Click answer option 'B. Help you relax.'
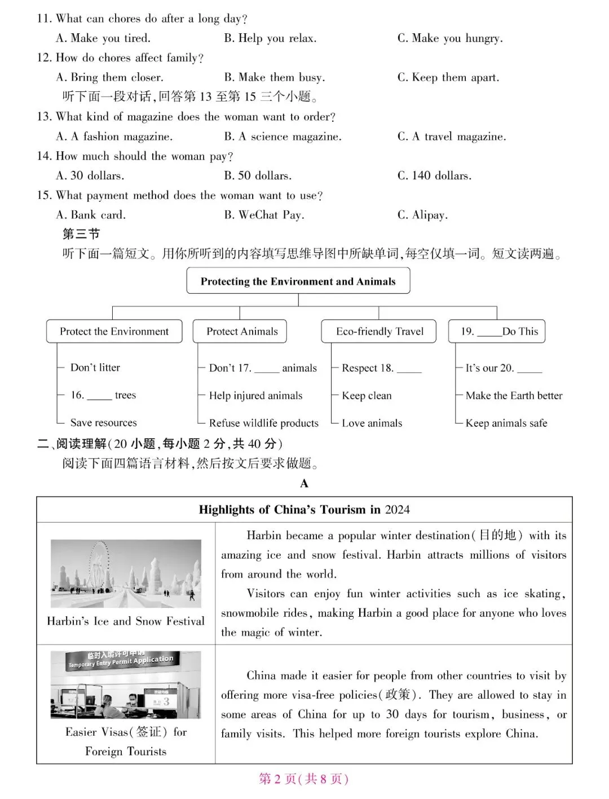pyautogui.click(x=270, y=38)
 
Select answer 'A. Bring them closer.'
pyautogui.click(x=109, y=77)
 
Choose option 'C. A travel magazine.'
pyautogui.click(x=451, y=136)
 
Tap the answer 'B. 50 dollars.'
pyautogui.click(x=258, y=175)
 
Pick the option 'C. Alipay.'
pyautogui.click(x=422, y=215)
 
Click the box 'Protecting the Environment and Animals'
pyautogui.click(x=298, y=281)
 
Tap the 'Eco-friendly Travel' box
pyautogui.click(x=379, y=332)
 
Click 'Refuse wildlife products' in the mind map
pyautogui.click(x=263, y=423)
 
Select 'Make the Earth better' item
pyautogui.click(x=514, y=396)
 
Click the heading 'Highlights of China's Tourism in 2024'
pyautogui.click(x=304, y=510)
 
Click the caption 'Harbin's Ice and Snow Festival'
pyautogui.click(x=126, y=621)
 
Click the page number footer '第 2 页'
pyautogui.click(x=277, y=779)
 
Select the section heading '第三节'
pyautogui.click(x=81, y=234)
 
